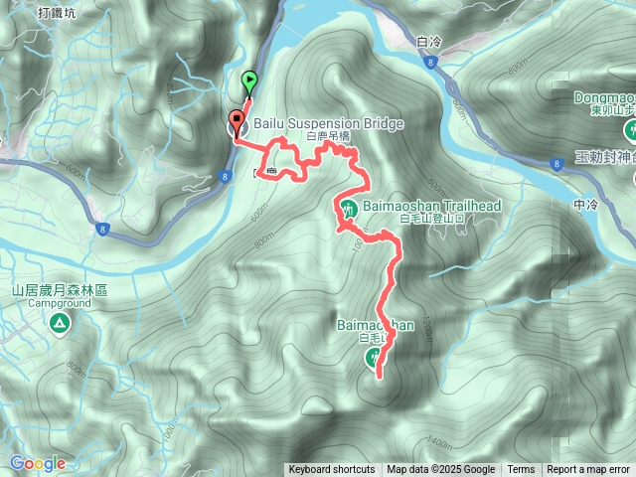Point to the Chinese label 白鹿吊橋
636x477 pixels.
pos(330,137)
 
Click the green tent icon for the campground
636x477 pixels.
pos(60,323)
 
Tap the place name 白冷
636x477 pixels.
pos(429,42)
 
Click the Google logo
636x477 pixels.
pos(37,463)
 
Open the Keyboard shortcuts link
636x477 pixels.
pos(332,470)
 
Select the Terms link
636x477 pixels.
pos(521,470)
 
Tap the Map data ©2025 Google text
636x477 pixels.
pos(440,470)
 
